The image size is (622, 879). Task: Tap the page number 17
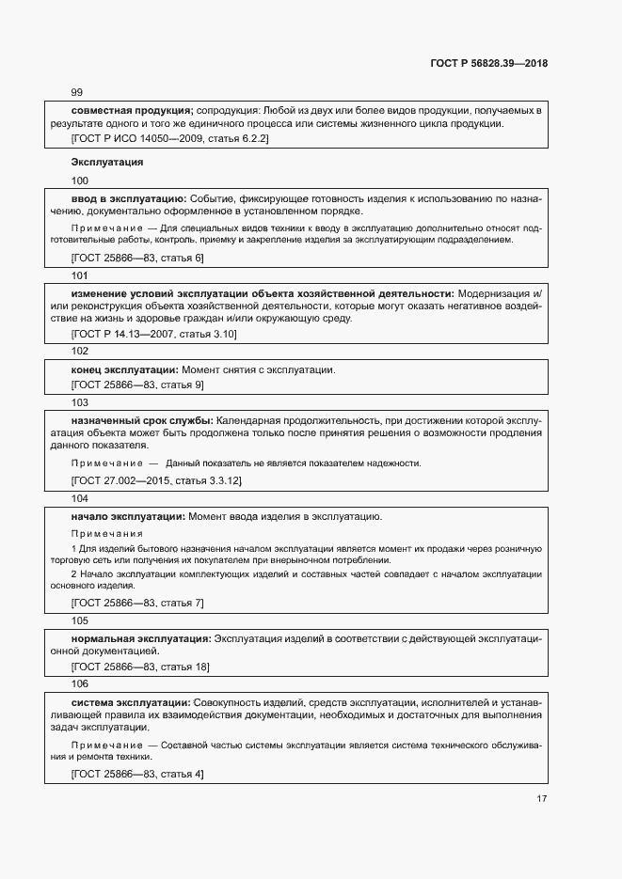tap(541, 799)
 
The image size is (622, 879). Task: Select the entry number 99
tap(77, 92)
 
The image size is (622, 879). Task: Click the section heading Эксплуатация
tap(107, 162)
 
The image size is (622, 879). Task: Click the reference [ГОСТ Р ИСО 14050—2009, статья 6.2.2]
tap(170, 139)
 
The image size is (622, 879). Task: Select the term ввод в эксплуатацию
tap(129, 198)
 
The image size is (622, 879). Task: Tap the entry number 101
tap(80, 275)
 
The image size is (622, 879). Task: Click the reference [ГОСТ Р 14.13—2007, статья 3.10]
tap(154, 334)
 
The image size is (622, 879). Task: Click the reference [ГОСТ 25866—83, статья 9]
tap(137, 385)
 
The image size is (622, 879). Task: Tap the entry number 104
tap(80, 498)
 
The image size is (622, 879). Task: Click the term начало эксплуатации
tap(129, 516)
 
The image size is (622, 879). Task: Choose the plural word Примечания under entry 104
tap(101, 533)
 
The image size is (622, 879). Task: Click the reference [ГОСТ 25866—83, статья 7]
tap(137, 603)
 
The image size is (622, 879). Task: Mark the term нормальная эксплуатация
tap(141, 638)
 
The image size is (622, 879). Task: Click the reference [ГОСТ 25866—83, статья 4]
tap(137, 774)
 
